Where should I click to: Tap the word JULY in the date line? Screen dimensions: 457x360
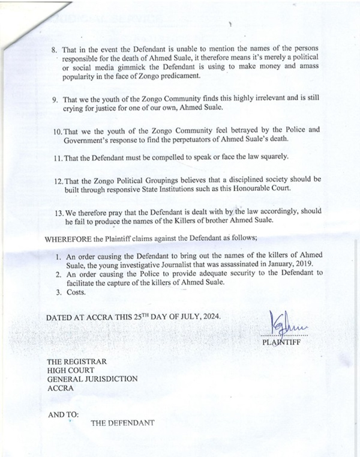click(176, 317)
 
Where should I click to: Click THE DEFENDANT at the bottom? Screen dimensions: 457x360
click(123, 423)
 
